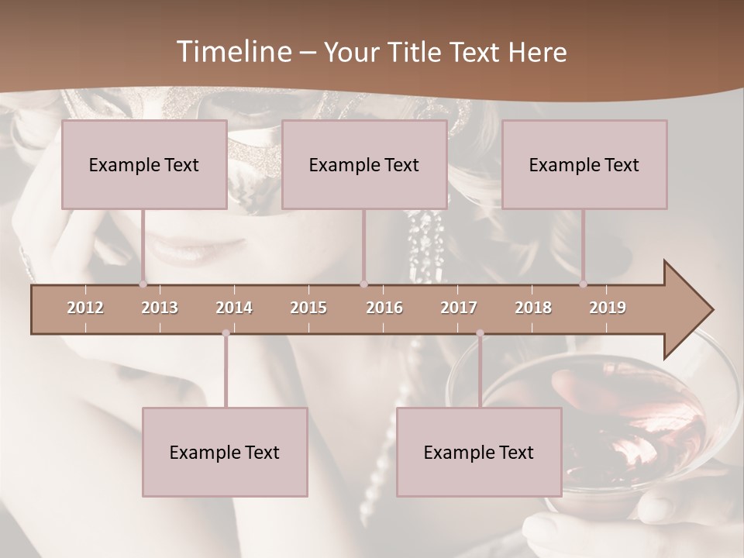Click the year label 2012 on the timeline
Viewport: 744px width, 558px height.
tap(85, 308)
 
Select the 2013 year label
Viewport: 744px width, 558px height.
tap(160, 308)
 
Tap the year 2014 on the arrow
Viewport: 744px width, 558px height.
tap(234, 308)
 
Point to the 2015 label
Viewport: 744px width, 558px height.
tap(308, 308)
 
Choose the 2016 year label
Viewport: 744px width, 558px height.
tap(384, 308)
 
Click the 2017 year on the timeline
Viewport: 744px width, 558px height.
tap(459, 308)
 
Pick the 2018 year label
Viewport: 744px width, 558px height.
tap(533, 308)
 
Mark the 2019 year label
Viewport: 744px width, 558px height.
tap(608, 308)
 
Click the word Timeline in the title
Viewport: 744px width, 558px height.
tap(232, 52)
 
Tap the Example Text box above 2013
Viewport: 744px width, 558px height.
tap(144, 164)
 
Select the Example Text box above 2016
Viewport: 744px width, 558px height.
tap(364, 164)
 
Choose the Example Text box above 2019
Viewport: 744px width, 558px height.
tap(584, 164)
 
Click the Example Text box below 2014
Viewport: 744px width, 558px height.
tap(225, 452)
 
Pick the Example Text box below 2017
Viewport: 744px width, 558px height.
tap(479, 452)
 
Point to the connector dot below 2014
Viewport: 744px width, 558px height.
tap(226, 333)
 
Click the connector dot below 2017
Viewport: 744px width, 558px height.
tap(480, 333)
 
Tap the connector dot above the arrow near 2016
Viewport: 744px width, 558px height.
tap(363, 284)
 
